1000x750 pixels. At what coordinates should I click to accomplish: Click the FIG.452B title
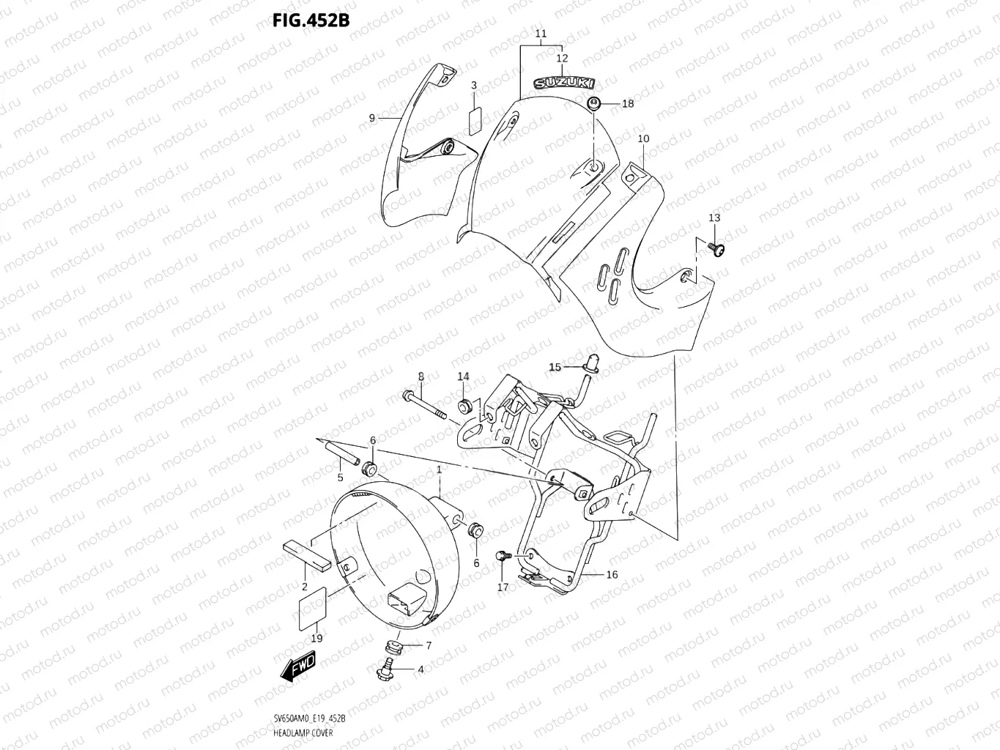click(x=311, y=20)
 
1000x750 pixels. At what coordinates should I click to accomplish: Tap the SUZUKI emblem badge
click(x=563, y=83)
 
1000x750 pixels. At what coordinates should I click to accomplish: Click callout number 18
click(x=628, y=104)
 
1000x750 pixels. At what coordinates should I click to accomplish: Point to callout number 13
click(x=714, y=218)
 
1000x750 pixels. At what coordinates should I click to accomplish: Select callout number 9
click(x=372, y=118)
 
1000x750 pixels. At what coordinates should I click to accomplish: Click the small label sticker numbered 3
click(x=474, y=120)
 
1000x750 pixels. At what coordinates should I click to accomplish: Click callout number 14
click(x=463, y=376)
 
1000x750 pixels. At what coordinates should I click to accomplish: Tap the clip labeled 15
click(x=590, y=361)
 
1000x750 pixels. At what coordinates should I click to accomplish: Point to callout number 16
click(x=612, y=575)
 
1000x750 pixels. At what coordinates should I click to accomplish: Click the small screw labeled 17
click(x=503, y=557)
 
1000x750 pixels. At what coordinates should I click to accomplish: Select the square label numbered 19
click(x=309, y=605)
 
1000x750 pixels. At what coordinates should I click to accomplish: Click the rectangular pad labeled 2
click(x=305, y=554)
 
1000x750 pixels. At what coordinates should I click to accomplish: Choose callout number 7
click(x=429, y=645)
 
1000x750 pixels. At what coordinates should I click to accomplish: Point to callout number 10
click(x=643, y=138)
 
